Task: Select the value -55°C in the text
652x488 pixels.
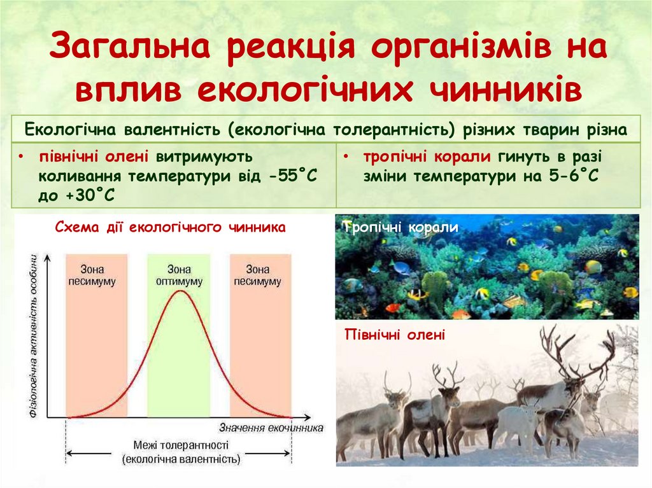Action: pos(293,176)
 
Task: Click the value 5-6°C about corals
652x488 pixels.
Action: pos(574,176)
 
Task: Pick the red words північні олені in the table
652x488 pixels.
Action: pos(94,157)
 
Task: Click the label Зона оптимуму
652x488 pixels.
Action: pos(179,275)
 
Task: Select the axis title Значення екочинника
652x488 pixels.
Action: pos(271,428)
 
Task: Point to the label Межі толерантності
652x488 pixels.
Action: pos(181,445)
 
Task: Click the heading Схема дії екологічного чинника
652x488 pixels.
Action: pos(171,227)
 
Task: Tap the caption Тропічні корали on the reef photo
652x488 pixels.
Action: pos(401,227)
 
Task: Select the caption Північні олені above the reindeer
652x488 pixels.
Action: pos(395,335)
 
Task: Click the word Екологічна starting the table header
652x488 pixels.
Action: pos(70,130)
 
